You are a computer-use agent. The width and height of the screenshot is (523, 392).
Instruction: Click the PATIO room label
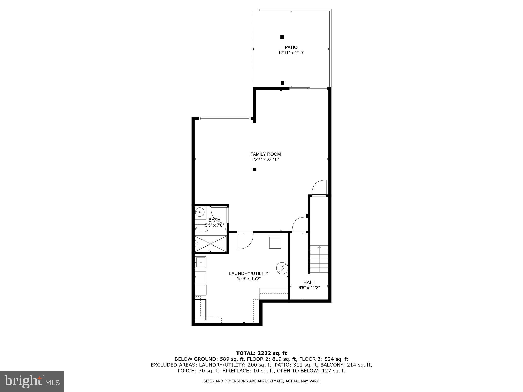pos(291,47)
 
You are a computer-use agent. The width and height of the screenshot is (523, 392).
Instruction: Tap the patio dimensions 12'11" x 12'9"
pos(291,53)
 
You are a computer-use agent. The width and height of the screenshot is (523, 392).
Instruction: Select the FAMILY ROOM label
pos(266,154)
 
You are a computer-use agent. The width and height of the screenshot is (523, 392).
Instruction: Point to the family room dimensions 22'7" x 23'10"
pos(266,160)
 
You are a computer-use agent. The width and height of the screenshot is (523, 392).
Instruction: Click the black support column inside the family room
pos(255,169)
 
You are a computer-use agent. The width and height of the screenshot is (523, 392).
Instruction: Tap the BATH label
pos(215,220)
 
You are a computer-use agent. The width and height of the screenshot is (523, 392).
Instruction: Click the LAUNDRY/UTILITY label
pos(248,273)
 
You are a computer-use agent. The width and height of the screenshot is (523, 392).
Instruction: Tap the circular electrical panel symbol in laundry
pos(282,268)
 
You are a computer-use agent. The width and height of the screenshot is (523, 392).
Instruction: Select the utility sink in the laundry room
pos(201,262)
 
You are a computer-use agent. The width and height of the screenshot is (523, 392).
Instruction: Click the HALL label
pos(309,282)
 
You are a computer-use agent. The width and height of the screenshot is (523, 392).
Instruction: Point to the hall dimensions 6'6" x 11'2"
pos(309,288)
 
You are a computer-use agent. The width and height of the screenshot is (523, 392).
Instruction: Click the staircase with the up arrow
pos(319,259)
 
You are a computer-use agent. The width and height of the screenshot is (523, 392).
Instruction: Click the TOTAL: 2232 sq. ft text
pos(261,353)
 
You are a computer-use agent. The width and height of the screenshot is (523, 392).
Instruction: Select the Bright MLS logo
pos(32,382)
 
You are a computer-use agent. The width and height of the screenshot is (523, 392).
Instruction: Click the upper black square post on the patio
pos(282,37)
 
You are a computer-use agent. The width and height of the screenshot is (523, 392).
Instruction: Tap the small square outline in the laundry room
pos(275,242)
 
